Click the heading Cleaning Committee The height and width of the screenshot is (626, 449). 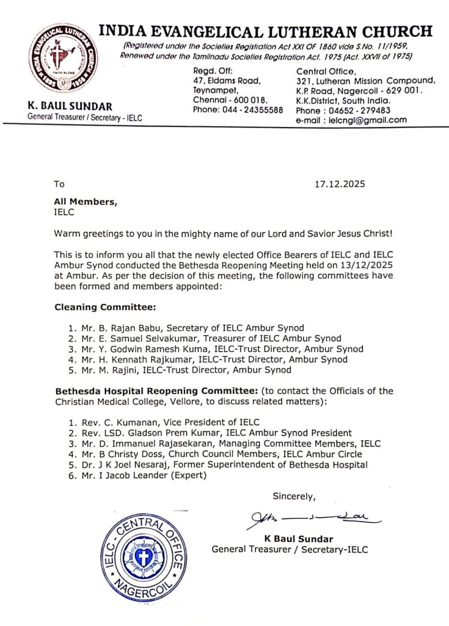(x=97, y=307)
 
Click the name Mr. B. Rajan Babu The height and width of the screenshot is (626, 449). (x=115, y=328)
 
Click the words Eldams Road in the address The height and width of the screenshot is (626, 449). (x=234, y=80)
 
